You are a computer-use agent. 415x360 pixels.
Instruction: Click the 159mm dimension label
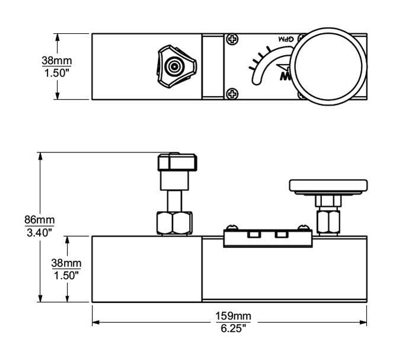tap(228, 315)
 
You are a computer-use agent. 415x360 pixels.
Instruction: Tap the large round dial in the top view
tap(329, 65)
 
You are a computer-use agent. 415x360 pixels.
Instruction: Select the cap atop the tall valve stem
tap(177, 162)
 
